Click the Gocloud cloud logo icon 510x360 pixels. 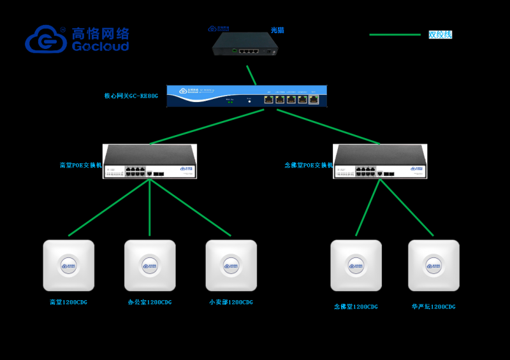(x=46, y=39)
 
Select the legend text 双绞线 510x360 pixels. (x=440, y=34)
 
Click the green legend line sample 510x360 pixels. (x=395, y=34)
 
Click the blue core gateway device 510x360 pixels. (x=247, y=96)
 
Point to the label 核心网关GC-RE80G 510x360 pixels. (x=131, y=96)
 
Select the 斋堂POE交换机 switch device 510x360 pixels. (x=150, y=161)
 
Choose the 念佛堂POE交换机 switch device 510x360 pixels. (x=379, y=161)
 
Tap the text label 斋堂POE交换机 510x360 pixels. (x=81, y=165)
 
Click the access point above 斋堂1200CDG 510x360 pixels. (x=68, y=265)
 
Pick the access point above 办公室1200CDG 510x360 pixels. (x=150, y=265)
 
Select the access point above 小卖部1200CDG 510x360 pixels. (x=231, y=265)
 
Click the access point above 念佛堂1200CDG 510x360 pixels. (x=356, y=265)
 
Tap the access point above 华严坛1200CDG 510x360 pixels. (x=433, y=265)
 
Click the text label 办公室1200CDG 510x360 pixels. (x=150, y=302)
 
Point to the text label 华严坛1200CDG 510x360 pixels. (x=433, y=306)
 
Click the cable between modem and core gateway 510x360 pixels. (x=252, y=75)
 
